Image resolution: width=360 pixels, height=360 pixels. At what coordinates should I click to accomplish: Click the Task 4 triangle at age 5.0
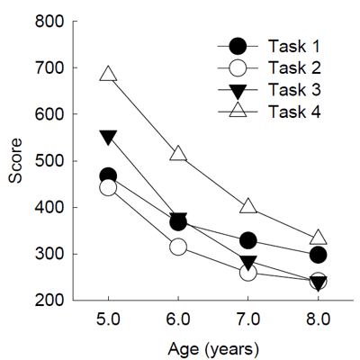pyautogui.click(x=108, y=74)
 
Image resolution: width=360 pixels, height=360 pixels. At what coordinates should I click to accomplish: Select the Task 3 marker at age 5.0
pyautogui.click(x=108, y=138)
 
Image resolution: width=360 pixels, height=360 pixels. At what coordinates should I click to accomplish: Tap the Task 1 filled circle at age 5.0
pyautogui.click(x=108, y=176)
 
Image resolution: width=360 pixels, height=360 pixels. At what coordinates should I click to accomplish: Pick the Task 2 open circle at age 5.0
pyautogui.click(x=108, y=187)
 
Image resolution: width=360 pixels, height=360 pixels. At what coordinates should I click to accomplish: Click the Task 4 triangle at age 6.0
pyautogui.click(x=178, y=153)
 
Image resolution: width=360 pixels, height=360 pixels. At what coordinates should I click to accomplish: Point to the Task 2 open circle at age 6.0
pyautogui.click(x=178, y=246)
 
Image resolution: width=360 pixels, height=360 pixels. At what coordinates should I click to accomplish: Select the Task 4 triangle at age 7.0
pyautogui.click(x=248, y=206)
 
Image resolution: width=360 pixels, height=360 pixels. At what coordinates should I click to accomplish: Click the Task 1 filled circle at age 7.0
pyautogui.click(x=248, y=240)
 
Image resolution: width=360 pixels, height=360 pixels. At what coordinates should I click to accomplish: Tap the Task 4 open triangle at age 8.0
pyautogui.click(x=319, y=238)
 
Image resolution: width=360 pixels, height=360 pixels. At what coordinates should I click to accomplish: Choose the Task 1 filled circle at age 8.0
pyautogui.click(x=319, y=255)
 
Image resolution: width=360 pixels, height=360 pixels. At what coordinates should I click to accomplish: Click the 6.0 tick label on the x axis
pyautogui.click(x=178, y=318)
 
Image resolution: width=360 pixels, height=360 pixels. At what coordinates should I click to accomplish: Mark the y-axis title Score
pyautogui.click(x=17, y=162)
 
